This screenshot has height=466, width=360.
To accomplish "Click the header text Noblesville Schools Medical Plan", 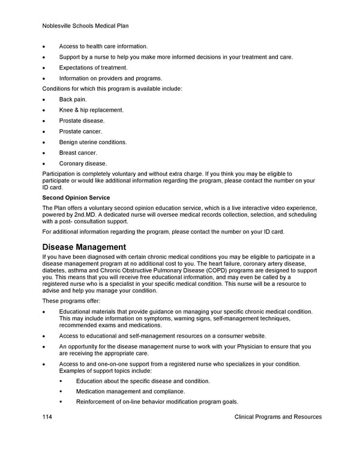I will coord(86,26).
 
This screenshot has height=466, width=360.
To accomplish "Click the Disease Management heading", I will coord(84,247).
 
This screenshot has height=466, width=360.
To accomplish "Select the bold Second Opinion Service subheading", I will coord(76,198).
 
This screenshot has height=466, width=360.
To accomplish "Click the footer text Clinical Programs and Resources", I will coord(278,417).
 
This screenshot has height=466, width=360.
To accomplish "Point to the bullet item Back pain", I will coord(73,99).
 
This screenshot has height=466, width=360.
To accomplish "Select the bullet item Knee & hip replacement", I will coord(91,110).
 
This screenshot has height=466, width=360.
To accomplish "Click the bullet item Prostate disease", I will coord(82,121).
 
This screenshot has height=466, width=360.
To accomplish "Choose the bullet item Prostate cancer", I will coord(80,132).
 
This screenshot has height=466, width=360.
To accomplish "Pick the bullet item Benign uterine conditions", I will coord(93,142).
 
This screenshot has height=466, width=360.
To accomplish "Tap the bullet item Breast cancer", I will coord(79,153).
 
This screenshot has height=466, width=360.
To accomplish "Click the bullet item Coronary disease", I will coord(83,163).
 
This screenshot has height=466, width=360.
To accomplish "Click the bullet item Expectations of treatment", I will coord(93,67).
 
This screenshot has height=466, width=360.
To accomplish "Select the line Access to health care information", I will coord(103,46).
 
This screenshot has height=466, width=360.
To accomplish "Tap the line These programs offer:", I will coord(71,300).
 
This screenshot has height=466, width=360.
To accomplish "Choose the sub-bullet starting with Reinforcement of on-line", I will coord(157,402).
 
